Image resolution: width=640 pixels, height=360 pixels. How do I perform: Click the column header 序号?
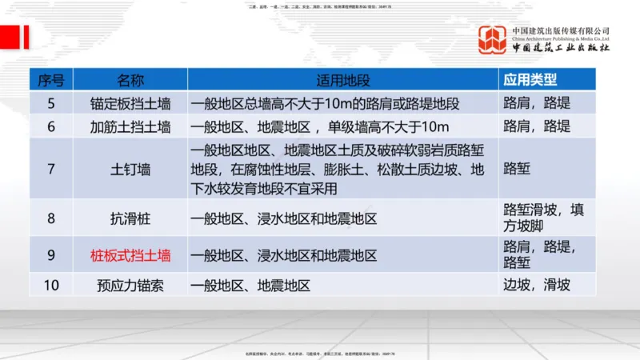[x=51, y=80]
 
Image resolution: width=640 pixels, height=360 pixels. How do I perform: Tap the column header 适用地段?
[x=343, y=80]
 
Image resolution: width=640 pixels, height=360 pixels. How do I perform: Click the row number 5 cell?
[x=51, y=103]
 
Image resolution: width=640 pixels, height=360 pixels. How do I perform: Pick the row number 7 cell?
[x=51, y=169]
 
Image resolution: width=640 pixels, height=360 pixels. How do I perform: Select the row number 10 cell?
[x=51, y=285]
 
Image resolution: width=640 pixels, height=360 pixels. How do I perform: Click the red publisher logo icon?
[x=492, y=40]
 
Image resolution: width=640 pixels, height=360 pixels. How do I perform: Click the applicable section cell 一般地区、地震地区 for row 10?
[x=250, y=285]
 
